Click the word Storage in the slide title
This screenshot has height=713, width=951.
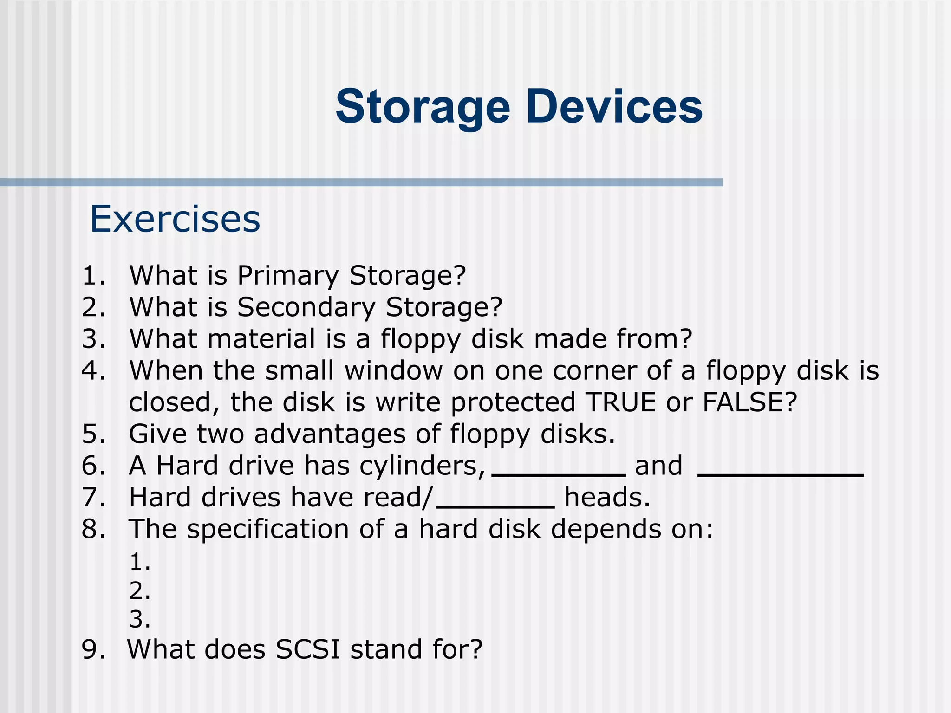click(x=423, y=108)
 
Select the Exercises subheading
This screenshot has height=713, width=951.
click(x=175, y=219)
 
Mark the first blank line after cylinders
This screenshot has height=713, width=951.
click(x=559, y=474)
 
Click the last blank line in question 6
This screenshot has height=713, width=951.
click(x=781, y=474)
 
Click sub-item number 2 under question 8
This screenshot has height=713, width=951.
click(x=139, y=591)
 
